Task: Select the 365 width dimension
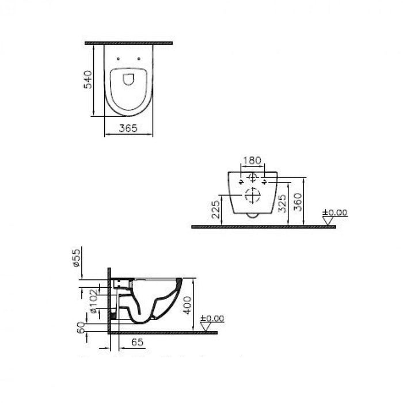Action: coord(128,129)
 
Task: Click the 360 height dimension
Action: coord(298,203)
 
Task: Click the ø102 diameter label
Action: coord(92,301)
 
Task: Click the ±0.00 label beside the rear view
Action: coord(336,212)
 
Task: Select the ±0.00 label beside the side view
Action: coord(212,318)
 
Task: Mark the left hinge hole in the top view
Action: coord(118,59)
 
